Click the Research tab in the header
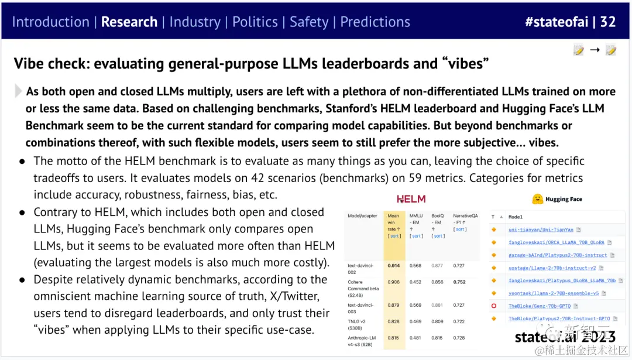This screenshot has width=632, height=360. click(129, 22)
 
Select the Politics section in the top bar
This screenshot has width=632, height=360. click(255, 22)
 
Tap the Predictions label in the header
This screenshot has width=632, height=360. click(375, 22)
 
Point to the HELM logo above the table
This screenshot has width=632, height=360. click(411, 199)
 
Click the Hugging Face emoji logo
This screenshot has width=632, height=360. click(537, 199)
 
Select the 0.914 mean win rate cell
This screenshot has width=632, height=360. click(394, 266)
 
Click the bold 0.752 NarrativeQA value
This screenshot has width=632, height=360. click(460, 282)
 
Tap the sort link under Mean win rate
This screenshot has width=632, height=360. click(394, 236)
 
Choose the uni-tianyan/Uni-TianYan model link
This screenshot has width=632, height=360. click(541, 230)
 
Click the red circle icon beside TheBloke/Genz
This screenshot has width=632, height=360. click(494, 306)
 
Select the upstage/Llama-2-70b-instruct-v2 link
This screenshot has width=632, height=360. click(552, 268)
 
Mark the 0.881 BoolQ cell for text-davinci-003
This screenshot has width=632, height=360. click(437, 305)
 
